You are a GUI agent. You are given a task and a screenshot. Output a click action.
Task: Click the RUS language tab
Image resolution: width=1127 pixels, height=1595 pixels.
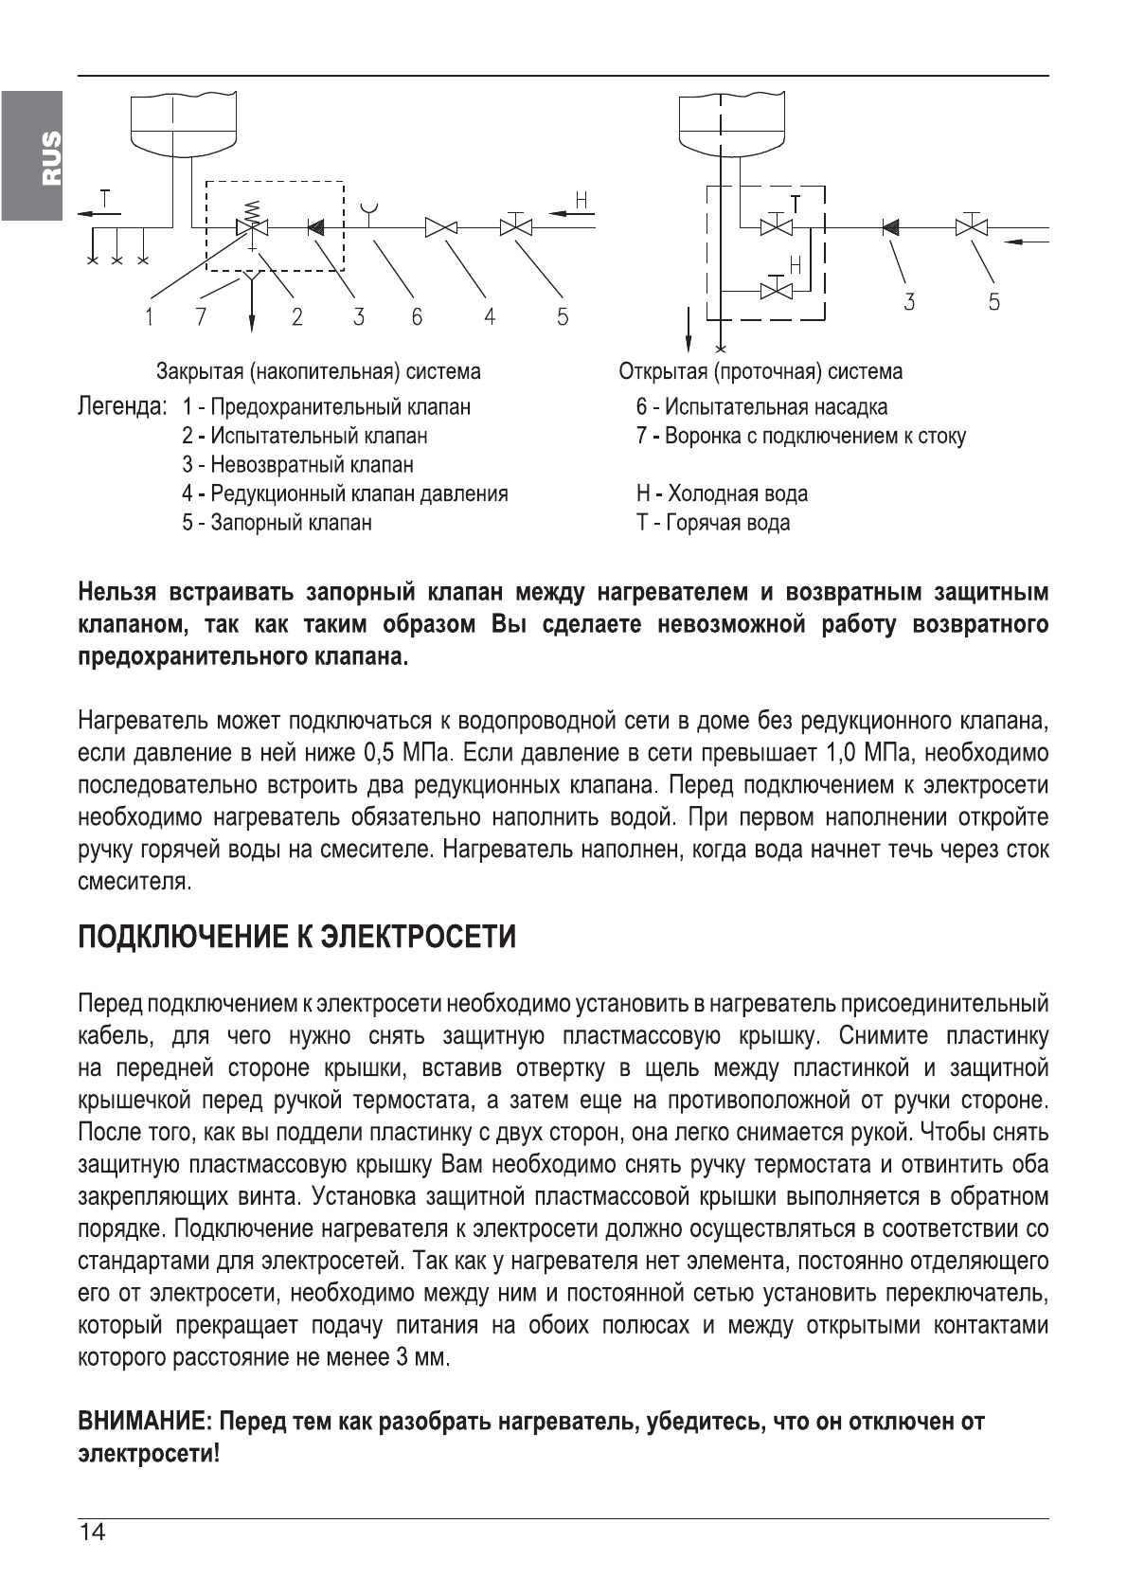point(31,155)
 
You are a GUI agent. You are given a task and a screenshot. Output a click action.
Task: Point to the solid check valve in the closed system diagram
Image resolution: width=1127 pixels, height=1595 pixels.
point(315,227)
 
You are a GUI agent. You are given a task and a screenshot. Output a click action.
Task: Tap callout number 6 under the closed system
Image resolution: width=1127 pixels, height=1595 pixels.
point(417,317)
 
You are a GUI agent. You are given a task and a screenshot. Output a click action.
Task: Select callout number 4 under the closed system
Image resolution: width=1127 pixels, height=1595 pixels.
point(490,317)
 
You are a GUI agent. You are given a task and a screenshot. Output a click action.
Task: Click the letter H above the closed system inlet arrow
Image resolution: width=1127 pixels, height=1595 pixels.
point(581,200)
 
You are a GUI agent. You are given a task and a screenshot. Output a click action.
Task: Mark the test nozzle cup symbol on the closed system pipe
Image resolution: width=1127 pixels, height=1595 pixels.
point(369,208)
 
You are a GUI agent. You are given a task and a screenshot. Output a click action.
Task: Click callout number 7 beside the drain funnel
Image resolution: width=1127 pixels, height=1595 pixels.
point(200,317)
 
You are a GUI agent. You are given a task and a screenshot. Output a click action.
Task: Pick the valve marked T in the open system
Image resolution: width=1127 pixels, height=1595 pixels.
point(778,226)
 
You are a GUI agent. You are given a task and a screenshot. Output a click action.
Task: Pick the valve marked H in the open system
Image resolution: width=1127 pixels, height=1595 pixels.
point(778,289)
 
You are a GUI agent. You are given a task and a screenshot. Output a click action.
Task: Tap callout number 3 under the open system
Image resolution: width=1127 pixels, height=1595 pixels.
point(909,302)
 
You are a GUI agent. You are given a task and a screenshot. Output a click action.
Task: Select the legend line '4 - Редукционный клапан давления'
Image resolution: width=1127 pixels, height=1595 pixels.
point(345,493)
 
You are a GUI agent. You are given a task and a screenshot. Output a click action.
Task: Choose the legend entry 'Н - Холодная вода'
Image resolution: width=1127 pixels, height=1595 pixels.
point(722,493)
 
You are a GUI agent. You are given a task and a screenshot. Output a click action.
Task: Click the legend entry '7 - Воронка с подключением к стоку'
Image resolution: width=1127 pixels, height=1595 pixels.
point(800,437)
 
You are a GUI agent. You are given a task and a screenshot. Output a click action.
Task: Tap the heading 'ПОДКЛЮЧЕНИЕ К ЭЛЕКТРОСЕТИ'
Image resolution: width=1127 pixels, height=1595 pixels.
point(296,937)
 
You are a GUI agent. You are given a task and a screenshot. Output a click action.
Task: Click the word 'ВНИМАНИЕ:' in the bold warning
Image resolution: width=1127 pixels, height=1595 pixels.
point(145,1421)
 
